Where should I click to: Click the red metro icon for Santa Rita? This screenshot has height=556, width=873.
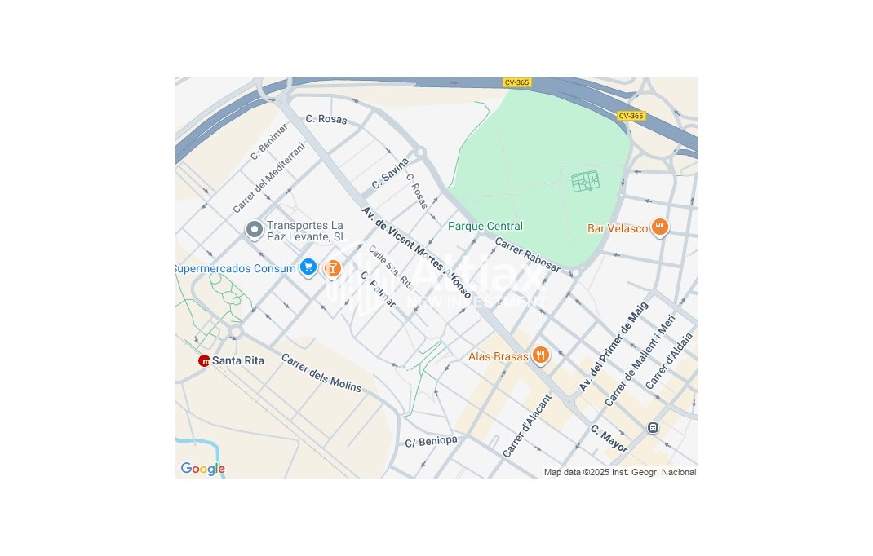204,360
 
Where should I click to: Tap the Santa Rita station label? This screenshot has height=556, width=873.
238,360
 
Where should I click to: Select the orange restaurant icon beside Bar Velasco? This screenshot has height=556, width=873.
659,227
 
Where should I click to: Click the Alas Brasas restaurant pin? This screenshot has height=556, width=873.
539,355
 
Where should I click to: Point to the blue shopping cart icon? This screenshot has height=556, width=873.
308,267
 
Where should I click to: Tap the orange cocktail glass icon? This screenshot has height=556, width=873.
332,267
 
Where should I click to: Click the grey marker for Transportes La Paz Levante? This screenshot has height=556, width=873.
254,230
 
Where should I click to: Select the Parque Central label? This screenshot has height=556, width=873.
485,226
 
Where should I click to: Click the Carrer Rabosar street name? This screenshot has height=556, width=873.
528,254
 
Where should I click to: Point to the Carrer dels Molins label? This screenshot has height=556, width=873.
321,373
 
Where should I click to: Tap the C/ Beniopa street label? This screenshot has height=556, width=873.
432,441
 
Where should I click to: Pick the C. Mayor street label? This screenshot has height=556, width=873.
609,439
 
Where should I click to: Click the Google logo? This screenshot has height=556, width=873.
202,469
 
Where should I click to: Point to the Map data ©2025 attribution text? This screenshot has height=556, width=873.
619,472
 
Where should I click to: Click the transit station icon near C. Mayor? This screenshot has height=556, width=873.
653,427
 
